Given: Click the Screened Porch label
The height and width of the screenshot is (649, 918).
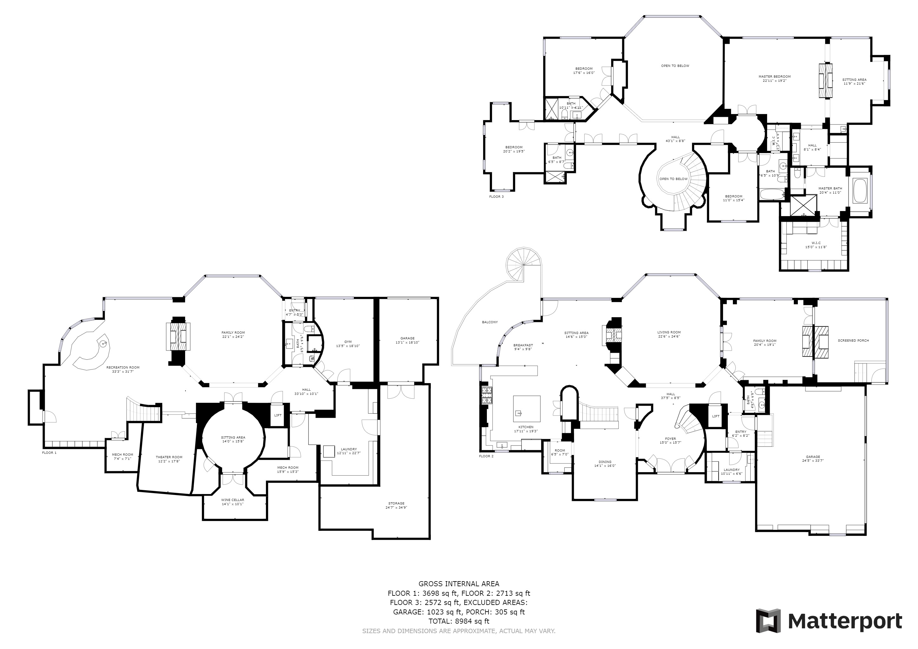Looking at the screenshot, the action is [x=853, y=340].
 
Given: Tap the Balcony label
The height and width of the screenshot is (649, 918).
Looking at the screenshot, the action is [x=490, y=322].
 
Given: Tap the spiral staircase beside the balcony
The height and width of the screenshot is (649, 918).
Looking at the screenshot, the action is [x=523, y=264].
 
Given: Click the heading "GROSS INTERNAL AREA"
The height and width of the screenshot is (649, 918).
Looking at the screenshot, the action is [x=459, y=584].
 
